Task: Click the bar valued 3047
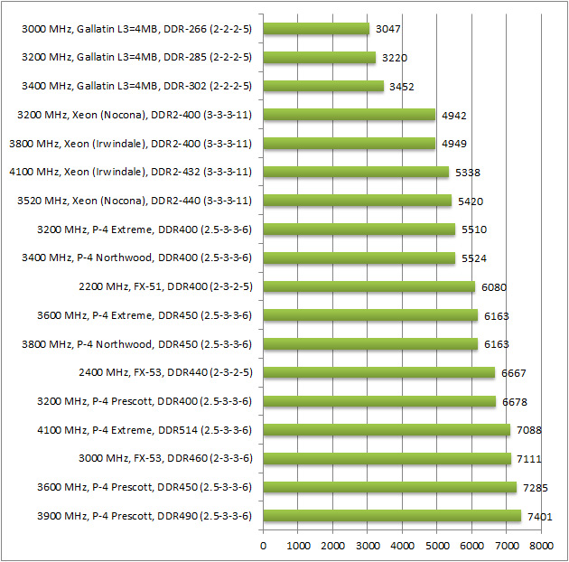pos(316,29)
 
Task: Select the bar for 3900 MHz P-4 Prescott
pos(392,516)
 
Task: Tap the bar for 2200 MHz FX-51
pos(368,286)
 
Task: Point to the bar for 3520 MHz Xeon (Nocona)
pos(357,201)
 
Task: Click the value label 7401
pos(540,516)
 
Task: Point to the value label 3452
pos(403,86)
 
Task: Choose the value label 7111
pos(529,459)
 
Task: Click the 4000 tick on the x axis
pos(403,546)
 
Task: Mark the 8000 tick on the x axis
pos(541,546)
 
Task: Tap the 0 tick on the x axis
pos(264,546)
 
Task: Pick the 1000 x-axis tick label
pos(298,546)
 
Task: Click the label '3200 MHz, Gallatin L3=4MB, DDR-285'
pos(135,58)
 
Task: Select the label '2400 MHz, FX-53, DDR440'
pos(165,372)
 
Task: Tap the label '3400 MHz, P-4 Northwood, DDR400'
pos(136,258)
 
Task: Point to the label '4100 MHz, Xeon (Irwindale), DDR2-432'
pos(130,172)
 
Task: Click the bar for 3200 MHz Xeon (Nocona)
pos(349,115)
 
